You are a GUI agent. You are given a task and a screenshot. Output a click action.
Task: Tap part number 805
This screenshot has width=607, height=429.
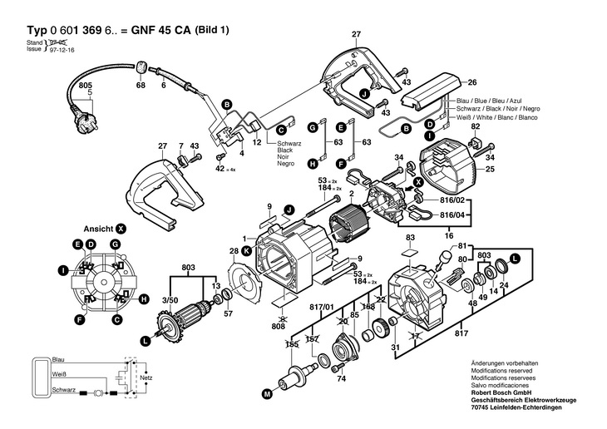[85, 86]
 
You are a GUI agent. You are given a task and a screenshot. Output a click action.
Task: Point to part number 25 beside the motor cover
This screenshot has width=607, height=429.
[490, 170]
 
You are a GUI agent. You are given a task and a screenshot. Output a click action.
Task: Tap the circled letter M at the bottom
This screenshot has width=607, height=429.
[268, 392]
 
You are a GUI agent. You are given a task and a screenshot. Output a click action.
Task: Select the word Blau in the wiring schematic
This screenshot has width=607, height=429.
[58, 359]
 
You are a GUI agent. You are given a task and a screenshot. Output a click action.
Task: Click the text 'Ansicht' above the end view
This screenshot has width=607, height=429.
[98, 228]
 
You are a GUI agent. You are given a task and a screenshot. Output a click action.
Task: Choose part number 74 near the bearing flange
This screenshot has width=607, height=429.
[341, 380]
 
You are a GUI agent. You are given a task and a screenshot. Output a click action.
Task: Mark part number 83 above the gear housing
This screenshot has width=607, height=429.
[409, 238]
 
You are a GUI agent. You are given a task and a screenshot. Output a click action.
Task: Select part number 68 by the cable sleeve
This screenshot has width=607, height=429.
[141, 86]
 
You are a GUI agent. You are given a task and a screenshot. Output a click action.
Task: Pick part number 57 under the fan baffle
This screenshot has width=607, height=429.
[228, 314]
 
